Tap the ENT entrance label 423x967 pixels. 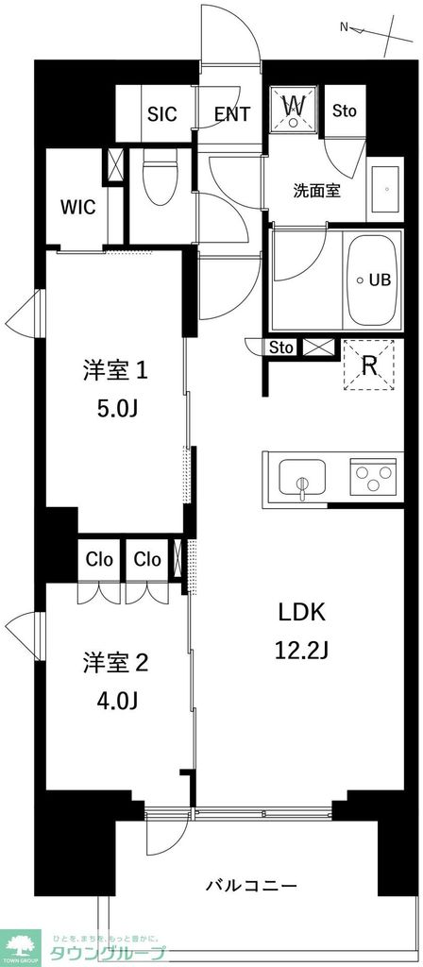[x=231, y=113]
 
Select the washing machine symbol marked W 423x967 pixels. [x=295, y=108]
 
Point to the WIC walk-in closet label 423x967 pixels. [x=77, y=208]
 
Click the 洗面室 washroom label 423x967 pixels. [x=316, y=191]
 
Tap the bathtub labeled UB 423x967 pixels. [x=373, y=280]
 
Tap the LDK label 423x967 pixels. [x=301, y=612]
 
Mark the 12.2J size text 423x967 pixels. [x=301, y=650]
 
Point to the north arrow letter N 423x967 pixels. [x=345, y=27]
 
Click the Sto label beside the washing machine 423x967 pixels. [x=345, y=110]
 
